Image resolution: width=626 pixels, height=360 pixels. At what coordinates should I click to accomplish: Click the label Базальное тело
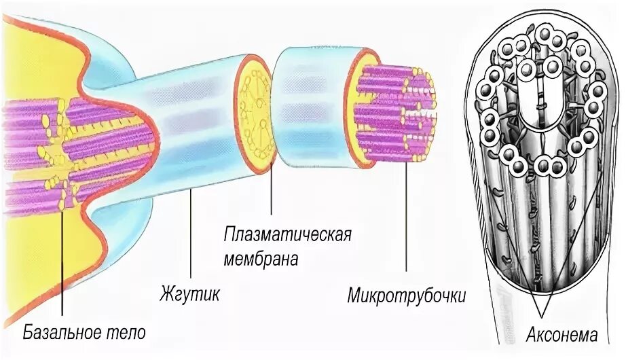pos(85,334)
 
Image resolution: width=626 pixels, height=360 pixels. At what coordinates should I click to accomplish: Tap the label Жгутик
pos(190,295)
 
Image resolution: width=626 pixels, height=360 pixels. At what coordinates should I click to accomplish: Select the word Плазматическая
pos(288,236)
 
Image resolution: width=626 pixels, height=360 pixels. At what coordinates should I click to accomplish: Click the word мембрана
pos(261,259)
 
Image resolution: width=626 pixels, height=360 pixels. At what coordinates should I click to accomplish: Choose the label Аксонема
pos(561,335)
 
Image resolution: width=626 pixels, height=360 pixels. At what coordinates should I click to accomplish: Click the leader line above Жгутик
pos(191,238)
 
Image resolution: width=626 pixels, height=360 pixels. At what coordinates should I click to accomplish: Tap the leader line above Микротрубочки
pos(407,217)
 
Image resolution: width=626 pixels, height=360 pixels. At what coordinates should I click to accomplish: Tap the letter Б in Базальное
pos(28,334)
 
